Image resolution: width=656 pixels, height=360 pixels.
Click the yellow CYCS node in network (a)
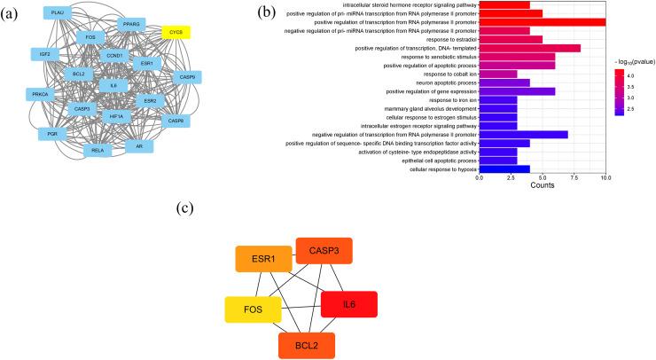[176, 32]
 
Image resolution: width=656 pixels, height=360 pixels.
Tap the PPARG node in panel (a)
[130, 25]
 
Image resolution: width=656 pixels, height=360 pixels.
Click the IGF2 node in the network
[45, 54]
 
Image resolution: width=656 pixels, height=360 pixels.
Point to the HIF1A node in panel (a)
[116, 116]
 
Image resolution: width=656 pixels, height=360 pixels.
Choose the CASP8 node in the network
[176, 121]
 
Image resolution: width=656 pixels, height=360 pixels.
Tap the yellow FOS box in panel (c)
[254, 311]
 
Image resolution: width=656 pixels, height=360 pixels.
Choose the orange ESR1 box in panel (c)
[263, 258]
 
